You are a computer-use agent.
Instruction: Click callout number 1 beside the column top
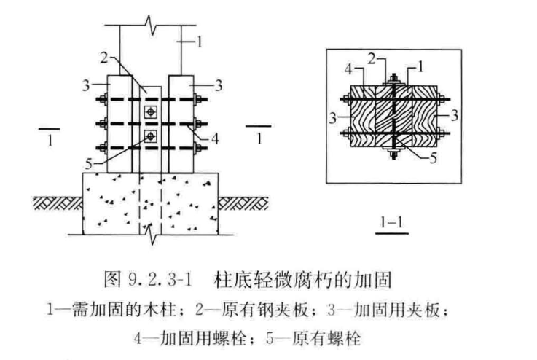pos(200,42)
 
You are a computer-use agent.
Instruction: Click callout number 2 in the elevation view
pos(104,58)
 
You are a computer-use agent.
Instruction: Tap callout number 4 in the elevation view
pos(215,138)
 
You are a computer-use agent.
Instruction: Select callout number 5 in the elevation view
pos(89,164)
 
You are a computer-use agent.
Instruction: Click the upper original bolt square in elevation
pos(150,111)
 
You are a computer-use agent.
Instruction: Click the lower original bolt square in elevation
pos(150,137)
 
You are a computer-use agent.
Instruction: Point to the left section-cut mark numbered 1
pos(50,136)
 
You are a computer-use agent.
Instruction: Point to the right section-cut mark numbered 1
pos(259,134)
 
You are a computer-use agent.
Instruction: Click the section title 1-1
pos(392,223)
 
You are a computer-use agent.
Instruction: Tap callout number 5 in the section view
pos(434,158)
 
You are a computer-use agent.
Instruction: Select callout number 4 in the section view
pos(348,69)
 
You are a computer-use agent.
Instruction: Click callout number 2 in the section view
pos(372,58)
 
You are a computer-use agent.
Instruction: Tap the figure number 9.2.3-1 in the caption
pos(160,279)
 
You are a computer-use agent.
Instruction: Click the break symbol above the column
pos(149,25)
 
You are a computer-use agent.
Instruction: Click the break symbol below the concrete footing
pos(152,235)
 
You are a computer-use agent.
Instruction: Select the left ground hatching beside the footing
pos(58,203)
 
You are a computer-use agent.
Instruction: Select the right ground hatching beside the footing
pos(243,203)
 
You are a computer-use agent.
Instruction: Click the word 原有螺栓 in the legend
pos(326,339)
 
